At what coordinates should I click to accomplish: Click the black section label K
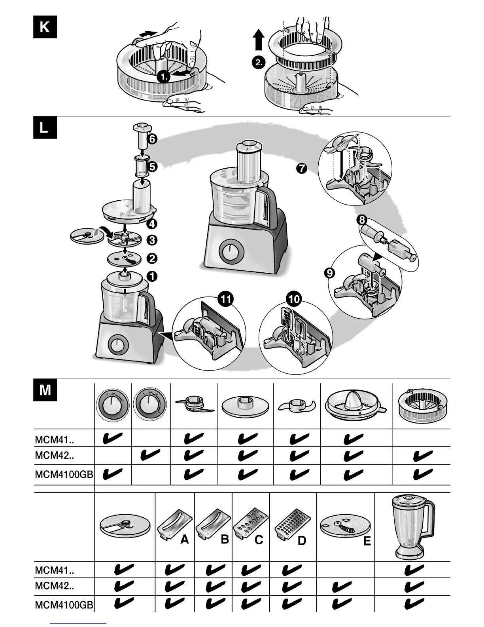click(x=45, y=27)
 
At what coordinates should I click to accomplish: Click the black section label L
click(x=45, y=127)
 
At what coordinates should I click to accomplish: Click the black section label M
click(x=45, y=390)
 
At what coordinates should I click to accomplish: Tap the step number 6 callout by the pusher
click(x=152, y=139)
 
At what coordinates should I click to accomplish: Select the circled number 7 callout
click(x=301, y=168)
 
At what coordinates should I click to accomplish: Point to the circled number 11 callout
click(x=225, y=299)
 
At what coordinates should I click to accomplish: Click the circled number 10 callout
click(x=294, y=299)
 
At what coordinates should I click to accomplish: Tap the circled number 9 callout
click(x=330, y=273)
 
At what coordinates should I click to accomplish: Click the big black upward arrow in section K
click(x=259, y=41)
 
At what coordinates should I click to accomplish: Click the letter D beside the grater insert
click(x=302, y=541)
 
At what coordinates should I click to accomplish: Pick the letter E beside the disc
click(x=367, y=541)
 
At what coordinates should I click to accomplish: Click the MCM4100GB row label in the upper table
click(x=64, y=474)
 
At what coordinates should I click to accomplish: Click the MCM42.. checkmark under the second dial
click(x=150, y=455)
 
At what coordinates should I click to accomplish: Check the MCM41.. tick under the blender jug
click(x=414, y=570)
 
